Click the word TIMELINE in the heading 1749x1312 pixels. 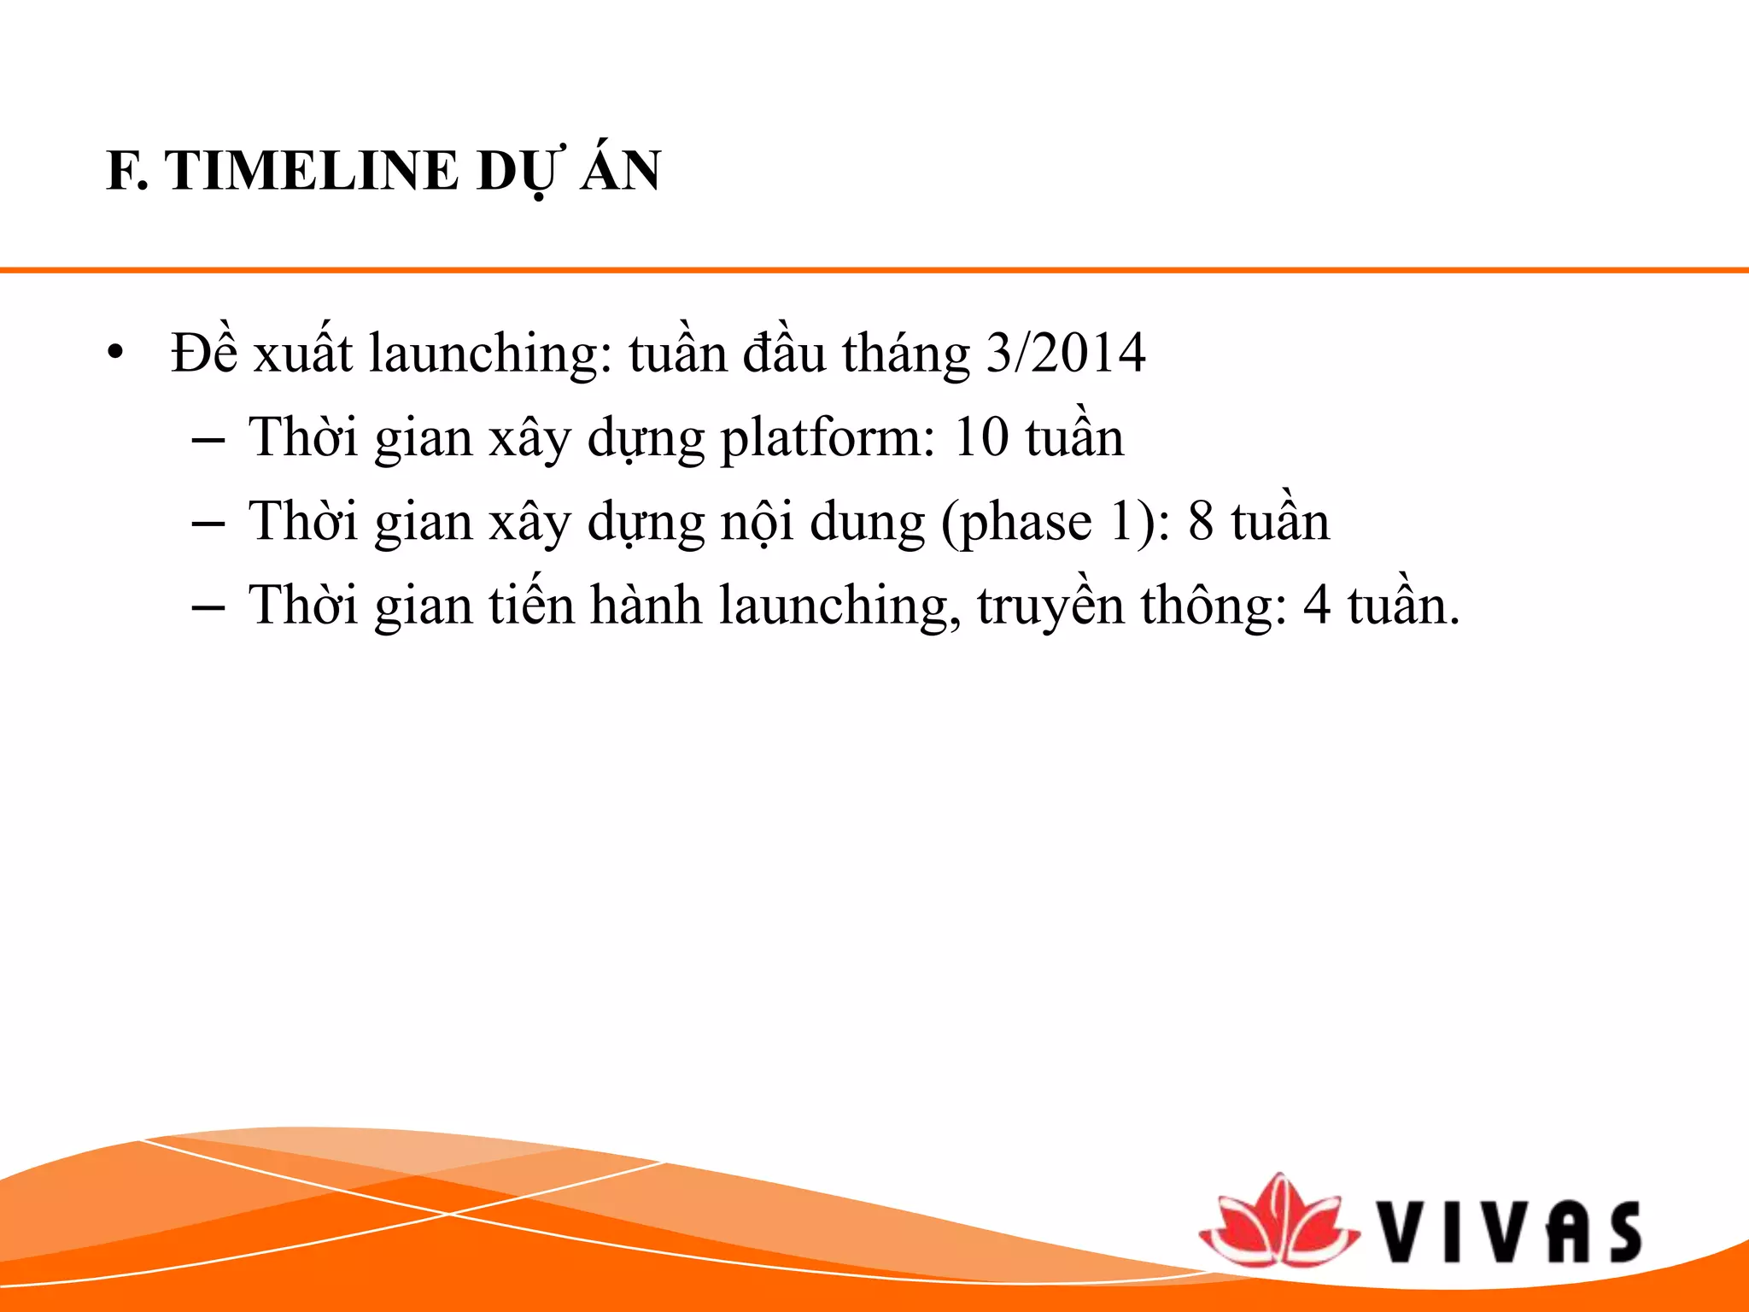click(x=313, y=171)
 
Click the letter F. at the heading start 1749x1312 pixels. click(x=126, y=171)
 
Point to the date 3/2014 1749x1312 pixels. click(x=1065, y=353)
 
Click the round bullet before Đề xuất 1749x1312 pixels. click(x=116, y=353)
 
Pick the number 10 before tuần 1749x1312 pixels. click(x=980, y=437)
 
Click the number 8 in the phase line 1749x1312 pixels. click(x=1201, y=522)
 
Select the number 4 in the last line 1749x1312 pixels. click(x=1317, y=606)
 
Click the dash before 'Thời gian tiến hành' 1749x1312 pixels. click(x=208, y=607)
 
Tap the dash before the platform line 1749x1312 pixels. click(x=208, y=440)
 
